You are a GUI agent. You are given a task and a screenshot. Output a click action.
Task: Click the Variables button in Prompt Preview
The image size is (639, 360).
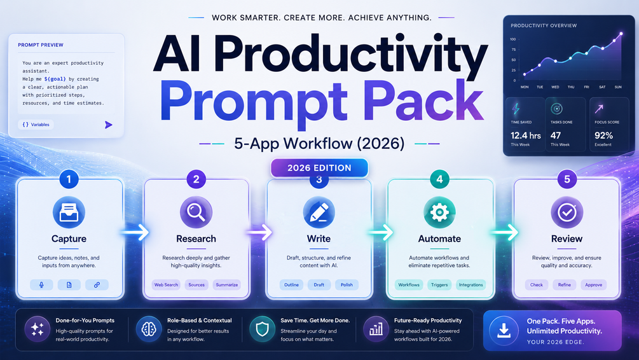(36, 125)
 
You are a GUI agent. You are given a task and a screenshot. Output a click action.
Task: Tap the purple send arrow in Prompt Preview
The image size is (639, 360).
(108, 125)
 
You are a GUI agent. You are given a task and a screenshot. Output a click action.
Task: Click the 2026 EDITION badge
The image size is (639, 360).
(319, 168)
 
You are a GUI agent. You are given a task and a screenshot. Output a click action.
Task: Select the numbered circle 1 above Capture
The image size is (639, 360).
(69, 179)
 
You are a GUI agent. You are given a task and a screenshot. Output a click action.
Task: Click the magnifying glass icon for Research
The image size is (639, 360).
(196, 212)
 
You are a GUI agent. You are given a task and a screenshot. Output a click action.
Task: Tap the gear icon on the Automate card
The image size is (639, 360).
(439, 212)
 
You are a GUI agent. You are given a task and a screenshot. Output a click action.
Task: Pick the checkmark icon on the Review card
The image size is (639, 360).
(567, 212)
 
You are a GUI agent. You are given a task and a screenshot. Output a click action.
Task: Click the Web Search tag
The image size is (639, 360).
(167, 285)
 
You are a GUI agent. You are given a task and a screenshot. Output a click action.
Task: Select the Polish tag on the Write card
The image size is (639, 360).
(347, 285)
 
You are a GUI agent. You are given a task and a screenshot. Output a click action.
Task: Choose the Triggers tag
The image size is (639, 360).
(439, 285)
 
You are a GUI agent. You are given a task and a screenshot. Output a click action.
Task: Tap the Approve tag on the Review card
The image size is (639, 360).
(593, 285)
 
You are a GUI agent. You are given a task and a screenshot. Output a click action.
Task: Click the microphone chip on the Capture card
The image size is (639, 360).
(41, 285)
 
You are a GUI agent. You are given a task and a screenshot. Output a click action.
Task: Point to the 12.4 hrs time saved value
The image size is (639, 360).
(526, 135)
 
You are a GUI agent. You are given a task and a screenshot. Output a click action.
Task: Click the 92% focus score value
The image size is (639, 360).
(603, 135)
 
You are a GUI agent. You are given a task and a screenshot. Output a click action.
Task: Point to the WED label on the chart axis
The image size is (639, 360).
(555, 87)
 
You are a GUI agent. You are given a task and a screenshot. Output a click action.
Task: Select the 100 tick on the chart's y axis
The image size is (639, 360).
(512, 39)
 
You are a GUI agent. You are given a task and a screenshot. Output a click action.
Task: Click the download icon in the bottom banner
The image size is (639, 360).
(504, 331)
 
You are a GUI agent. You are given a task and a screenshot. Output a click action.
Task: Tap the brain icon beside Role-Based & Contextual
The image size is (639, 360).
(149, 329)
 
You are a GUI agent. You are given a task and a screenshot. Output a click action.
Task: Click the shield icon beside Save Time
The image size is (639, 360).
(262, 329)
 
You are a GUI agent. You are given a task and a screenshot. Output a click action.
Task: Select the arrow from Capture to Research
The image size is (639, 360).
(135, 232)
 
